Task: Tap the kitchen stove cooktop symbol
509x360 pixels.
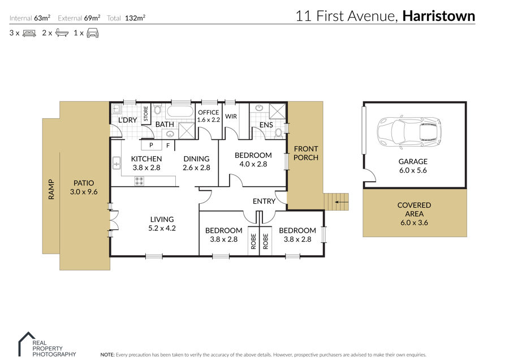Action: (139, 181)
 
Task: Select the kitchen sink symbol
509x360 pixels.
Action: (116, 163)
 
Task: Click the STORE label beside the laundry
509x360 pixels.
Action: (145, 113)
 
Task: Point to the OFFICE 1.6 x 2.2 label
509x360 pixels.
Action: (208, 116)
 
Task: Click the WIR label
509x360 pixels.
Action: (231, 116)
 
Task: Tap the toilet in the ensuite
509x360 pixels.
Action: (278, 133)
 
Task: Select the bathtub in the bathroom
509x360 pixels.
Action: (180, 111)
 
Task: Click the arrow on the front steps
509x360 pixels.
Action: (341, 202)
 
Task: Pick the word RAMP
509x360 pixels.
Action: (51, 189)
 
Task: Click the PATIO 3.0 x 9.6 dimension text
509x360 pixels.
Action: (84, 192)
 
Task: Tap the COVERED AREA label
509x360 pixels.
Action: (414, 209)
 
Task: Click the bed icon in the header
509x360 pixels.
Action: (29, 33)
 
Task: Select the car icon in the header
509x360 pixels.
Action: (93, 33)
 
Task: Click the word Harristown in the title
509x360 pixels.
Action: (438, 16)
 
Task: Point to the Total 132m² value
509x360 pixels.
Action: (135, 18)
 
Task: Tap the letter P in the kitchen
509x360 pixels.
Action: (151, 145)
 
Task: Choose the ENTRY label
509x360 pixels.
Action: (264, 201)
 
